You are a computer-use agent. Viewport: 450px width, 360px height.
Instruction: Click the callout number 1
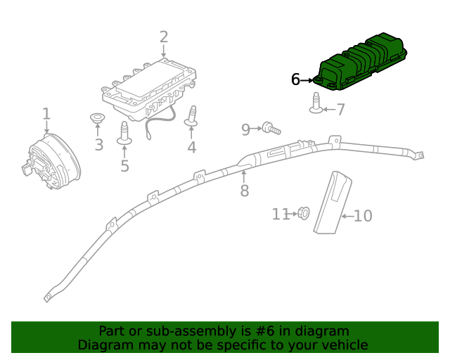46,114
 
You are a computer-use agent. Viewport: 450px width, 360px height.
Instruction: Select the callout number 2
164,37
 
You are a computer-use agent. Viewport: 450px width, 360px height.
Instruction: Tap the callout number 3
98,145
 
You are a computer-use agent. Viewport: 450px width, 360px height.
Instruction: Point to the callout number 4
191,147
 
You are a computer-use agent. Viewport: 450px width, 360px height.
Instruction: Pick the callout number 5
124,166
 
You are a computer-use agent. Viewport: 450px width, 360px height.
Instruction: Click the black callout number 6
295,80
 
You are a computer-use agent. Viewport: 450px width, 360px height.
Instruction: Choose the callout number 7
340,110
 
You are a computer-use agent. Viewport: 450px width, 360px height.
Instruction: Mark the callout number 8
244,191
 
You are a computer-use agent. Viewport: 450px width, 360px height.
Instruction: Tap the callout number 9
245,129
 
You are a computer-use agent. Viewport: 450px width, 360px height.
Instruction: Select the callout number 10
363,216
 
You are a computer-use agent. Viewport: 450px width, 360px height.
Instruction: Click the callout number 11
281,214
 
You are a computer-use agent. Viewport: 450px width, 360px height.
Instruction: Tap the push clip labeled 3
97,118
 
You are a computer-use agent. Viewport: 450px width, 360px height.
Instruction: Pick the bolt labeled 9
271,128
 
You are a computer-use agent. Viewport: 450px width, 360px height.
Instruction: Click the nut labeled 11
304,212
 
